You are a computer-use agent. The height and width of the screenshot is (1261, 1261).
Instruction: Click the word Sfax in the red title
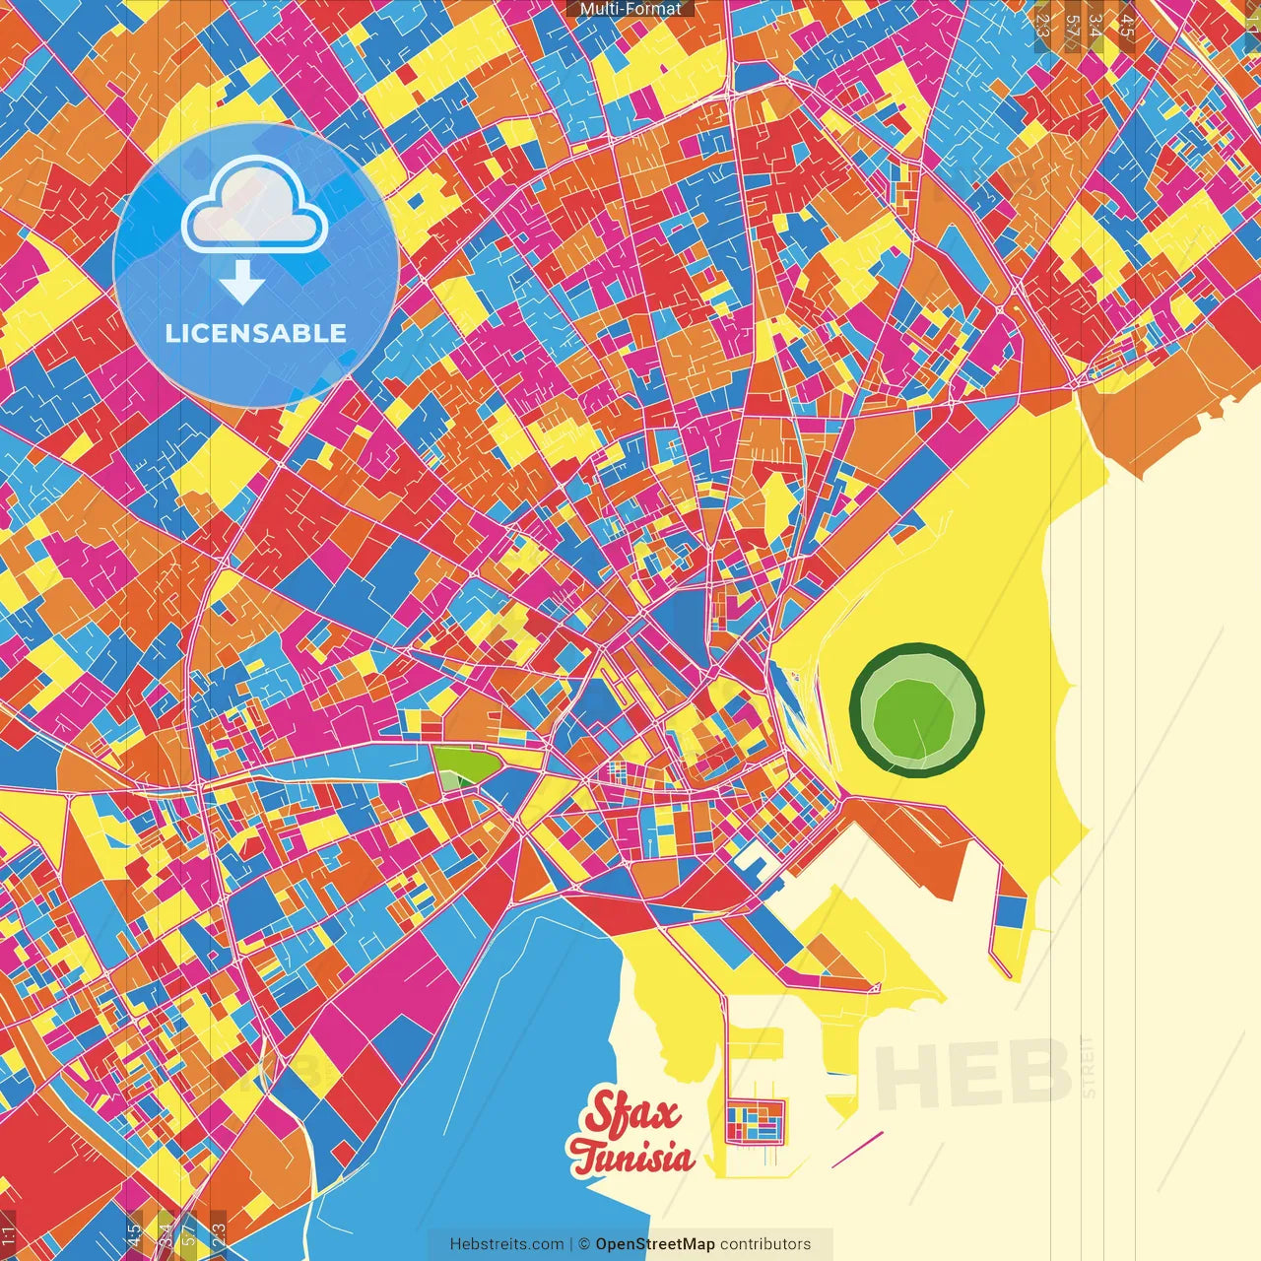[632, 1114]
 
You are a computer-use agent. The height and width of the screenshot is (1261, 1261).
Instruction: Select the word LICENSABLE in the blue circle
[256, 333]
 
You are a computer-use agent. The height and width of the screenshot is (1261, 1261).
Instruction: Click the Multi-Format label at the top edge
[630, 9]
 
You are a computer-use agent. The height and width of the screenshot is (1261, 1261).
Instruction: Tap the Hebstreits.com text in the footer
[506, 1244]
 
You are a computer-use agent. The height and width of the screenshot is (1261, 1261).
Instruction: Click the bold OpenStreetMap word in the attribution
[655, 1244]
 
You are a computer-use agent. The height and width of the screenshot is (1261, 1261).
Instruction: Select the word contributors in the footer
[765, 1244]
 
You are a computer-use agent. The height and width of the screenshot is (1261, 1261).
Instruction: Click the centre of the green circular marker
[916, 710]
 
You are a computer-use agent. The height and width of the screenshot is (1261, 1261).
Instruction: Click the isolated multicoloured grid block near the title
[756, 1122]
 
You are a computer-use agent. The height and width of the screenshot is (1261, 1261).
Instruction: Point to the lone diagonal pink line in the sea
[857, 1150]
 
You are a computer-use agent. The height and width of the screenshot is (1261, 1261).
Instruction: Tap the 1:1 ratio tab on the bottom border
[8, 1234]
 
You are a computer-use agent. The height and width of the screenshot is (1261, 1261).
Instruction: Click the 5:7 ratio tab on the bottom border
[189, 1234]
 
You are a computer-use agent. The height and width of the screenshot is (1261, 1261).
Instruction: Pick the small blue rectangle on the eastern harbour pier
[1010, 911]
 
